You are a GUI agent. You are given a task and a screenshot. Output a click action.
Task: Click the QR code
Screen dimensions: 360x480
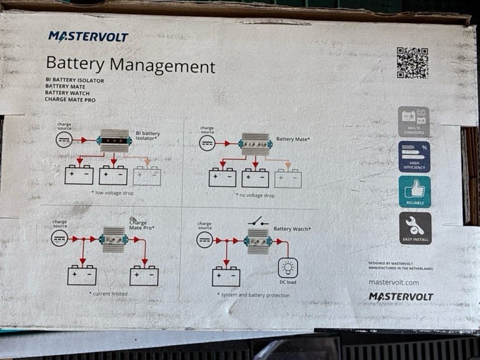[x=412, y=62]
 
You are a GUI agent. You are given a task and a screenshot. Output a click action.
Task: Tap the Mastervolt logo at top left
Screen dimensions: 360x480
[x=88, y=37]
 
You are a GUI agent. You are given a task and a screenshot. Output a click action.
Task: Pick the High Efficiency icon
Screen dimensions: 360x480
[x=414, y=157]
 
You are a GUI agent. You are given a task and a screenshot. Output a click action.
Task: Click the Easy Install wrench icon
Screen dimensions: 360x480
[x=415, y=228]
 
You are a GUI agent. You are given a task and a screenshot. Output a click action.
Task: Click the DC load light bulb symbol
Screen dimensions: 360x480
[x=288, y=268]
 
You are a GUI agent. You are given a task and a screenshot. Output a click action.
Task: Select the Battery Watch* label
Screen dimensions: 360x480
[x=292, y=229]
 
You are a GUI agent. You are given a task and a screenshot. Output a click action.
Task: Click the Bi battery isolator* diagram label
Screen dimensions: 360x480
[x=148, y=136]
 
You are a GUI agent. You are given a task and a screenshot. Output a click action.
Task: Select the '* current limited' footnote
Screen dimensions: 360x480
[x=109, y=293]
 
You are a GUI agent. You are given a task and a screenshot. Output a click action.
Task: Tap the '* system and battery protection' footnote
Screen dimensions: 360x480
[x=252, y=294]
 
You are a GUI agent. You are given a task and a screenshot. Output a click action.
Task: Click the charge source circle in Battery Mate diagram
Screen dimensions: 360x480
[x=207, y=143]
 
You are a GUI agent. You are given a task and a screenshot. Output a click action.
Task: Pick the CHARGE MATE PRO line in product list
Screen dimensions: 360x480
[x=71, y=100]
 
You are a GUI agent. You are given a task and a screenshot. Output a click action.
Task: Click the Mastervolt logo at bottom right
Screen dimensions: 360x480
[x=401, y=297]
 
